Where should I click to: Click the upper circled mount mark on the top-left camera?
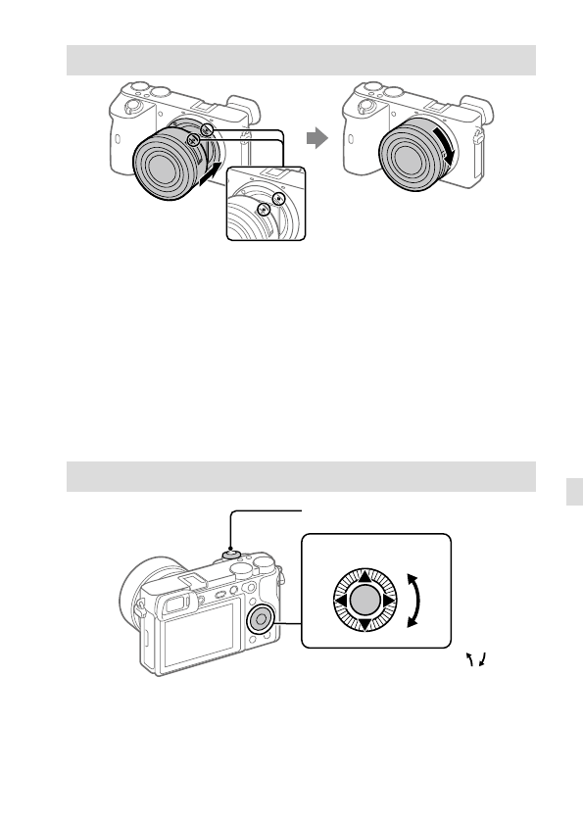point(207,130)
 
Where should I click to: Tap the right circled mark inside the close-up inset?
point(278,199)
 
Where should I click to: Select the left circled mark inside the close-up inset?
point(262,210)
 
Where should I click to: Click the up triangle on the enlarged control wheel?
point(364,578)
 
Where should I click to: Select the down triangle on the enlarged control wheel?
point(364,624)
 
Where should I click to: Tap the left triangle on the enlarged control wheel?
point(340,602)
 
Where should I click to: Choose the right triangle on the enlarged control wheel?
point(386,602)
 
